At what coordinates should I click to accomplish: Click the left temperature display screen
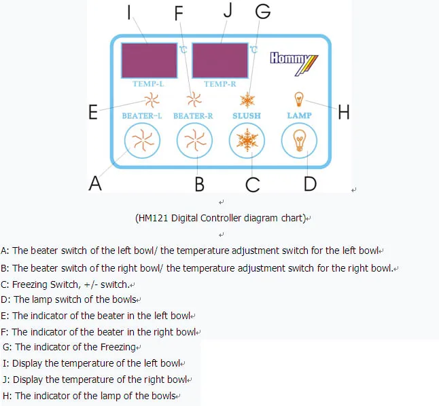(x=149, y=60)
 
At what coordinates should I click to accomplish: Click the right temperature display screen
(x=220, y=60)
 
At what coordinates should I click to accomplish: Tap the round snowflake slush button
(x=247, y=142)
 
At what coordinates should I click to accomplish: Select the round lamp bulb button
(x=299, y=142)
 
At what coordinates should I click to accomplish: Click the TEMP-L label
(x=148, y=84)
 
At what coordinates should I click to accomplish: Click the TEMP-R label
(x=220, y=84)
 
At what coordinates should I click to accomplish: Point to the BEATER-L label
(x=142, y=116)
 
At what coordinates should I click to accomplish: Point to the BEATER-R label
(x=194, y=116)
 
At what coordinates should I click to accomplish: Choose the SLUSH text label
(x=247, y=116)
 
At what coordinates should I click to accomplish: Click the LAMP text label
(x=299, y=116)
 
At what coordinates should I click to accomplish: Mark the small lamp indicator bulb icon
(x=298, y=98)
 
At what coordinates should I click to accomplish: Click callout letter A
(x=96, y=183)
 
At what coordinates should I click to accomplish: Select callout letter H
(x=344, y=113)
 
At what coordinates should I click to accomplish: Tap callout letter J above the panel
(x=228, y=10)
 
